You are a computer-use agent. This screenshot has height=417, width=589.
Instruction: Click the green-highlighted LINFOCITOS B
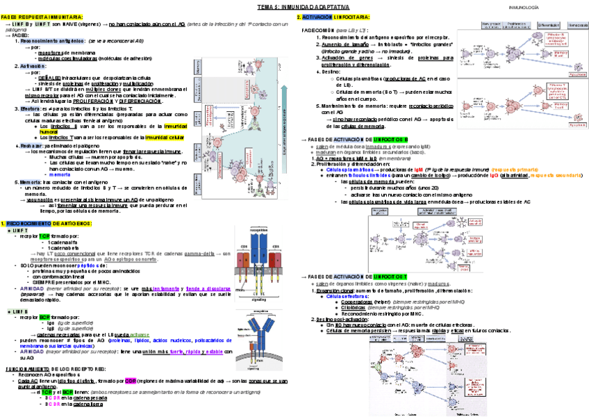pyautogui.click(x=391, y=140)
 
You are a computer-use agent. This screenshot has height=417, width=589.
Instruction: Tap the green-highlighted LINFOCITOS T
pyautogui.click(x=391, y=277)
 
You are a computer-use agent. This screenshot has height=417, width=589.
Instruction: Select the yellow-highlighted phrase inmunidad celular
pyautogui.click(x=164, y=138)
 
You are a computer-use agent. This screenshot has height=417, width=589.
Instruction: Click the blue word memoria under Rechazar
pyautogui.click(x=59, y=174)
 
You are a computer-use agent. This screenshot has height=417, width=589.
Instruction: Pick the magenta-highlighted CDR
pyautogui.click(x=131, y=380)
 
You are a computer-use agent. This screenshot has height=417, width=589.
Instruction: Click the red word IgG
pyautogui.click(x=493, y=175)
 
